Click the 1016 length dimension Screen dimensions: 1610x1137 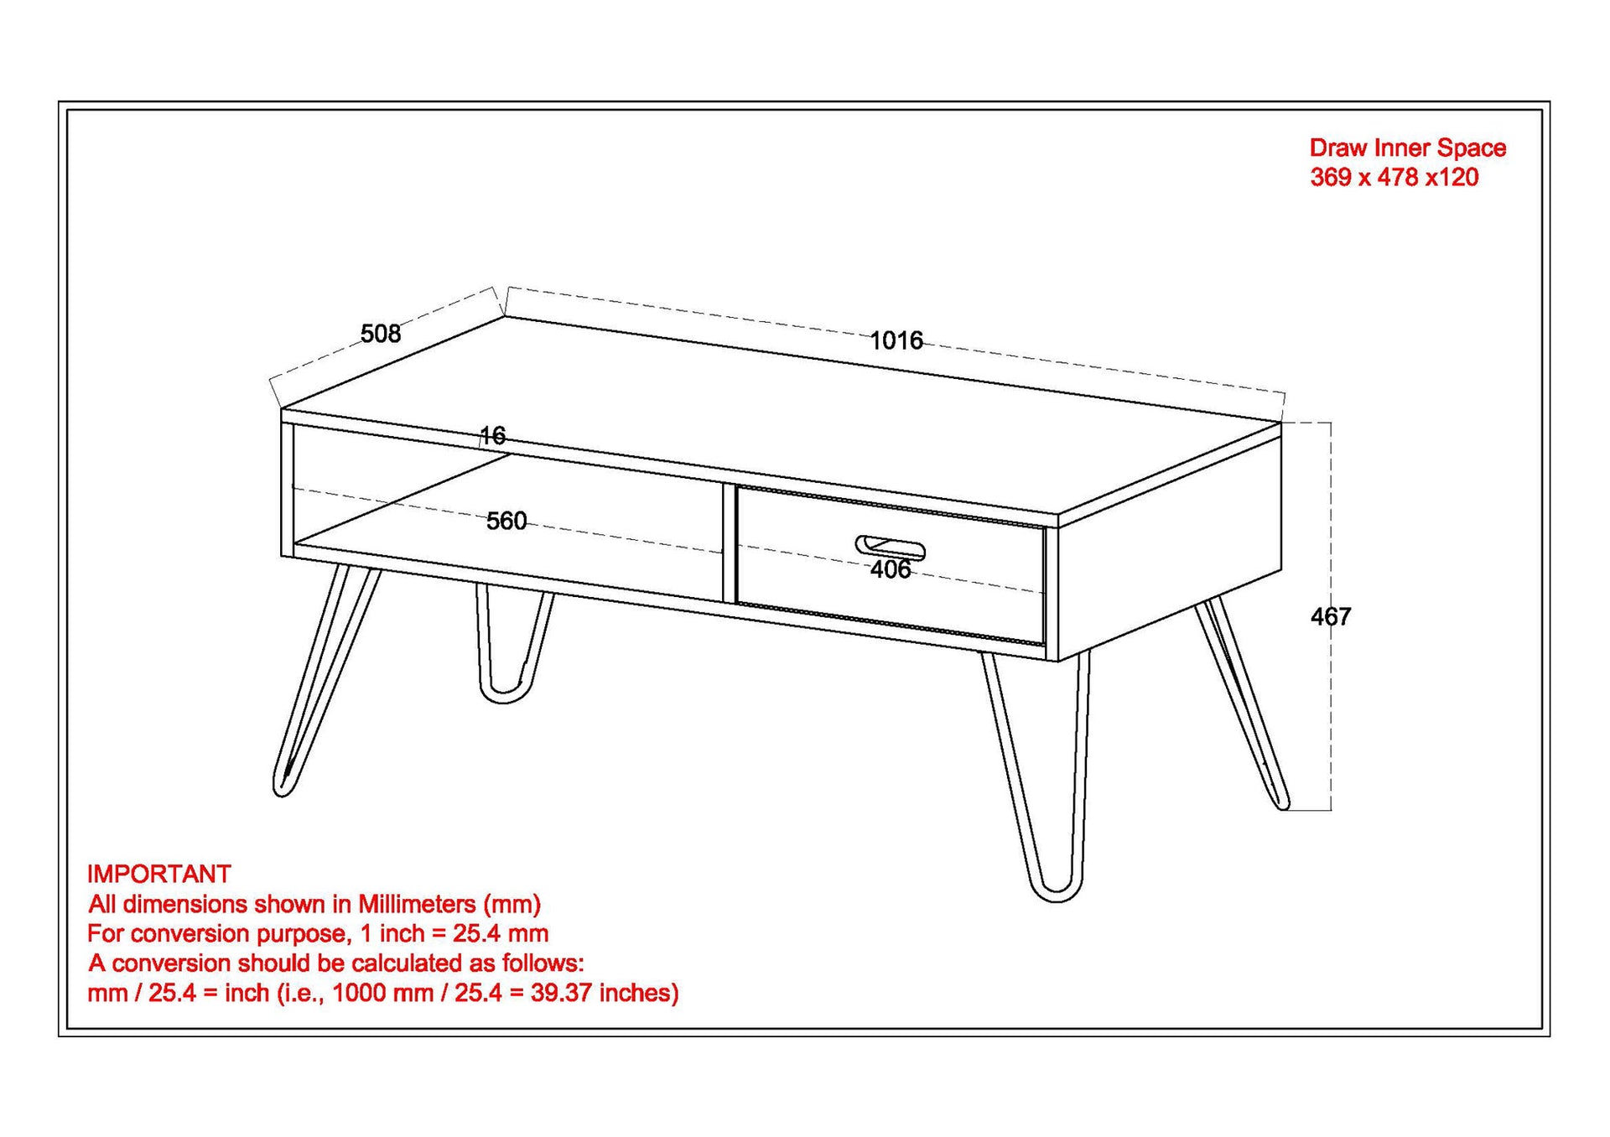[896, 340]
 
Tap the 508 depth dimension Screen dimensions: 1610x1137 [381, 334]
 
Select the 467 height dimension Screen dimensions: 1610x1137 [1331, 616]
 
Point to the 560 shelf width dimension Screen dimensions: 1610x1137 [506, 521]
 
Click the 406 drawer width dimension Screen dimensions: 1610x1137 [891, 569]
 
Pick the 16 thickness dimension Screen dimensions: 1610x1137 [493, 435]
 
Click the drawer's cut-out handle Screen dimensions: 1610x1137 [891, 547]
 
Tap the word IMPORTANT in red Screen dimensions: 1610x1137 [159, 874]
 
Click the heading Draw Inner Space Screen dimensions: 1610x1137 [1408, 148]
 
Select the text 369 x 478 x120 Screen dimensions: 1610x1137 [1394, 177]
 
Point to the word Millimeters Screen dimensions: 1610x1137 [417, 904]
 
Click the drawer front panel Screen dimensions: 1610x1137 [891, 566]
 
